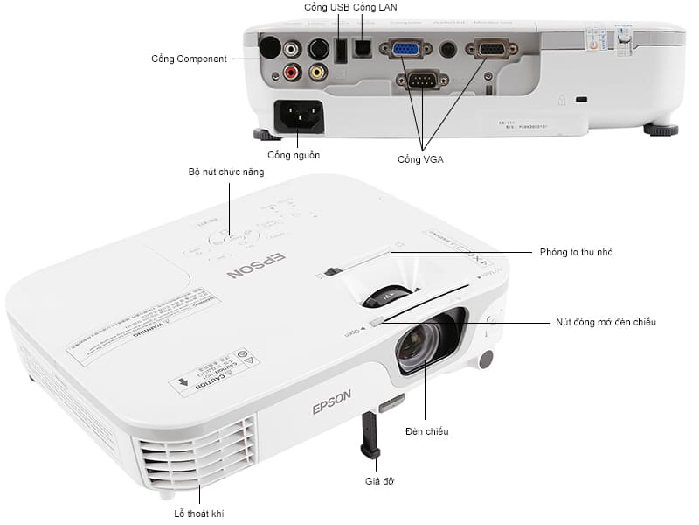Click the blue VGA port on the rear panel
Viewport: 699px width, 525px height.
[405, 50]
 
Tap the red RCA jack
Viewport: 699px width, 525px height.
[292, 73]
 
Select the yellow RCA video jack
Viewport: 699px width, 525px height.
[318, 73]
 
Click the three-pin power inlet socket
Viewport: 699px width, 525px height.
[300, 115]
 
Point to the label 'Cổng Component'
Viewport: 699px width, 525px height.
[189, 59]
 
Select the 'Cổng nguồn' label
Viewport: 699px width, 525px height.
[294, 155]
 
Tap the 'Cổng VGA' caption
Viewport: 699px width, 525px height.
[420, 159]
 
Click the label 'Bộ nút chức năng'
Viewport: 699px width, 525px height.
[226, 172]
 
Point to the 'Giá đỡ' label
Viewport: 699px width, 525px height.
[377, 481]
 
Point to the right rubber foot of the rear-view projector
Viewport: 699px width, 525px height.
[661, 129]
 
